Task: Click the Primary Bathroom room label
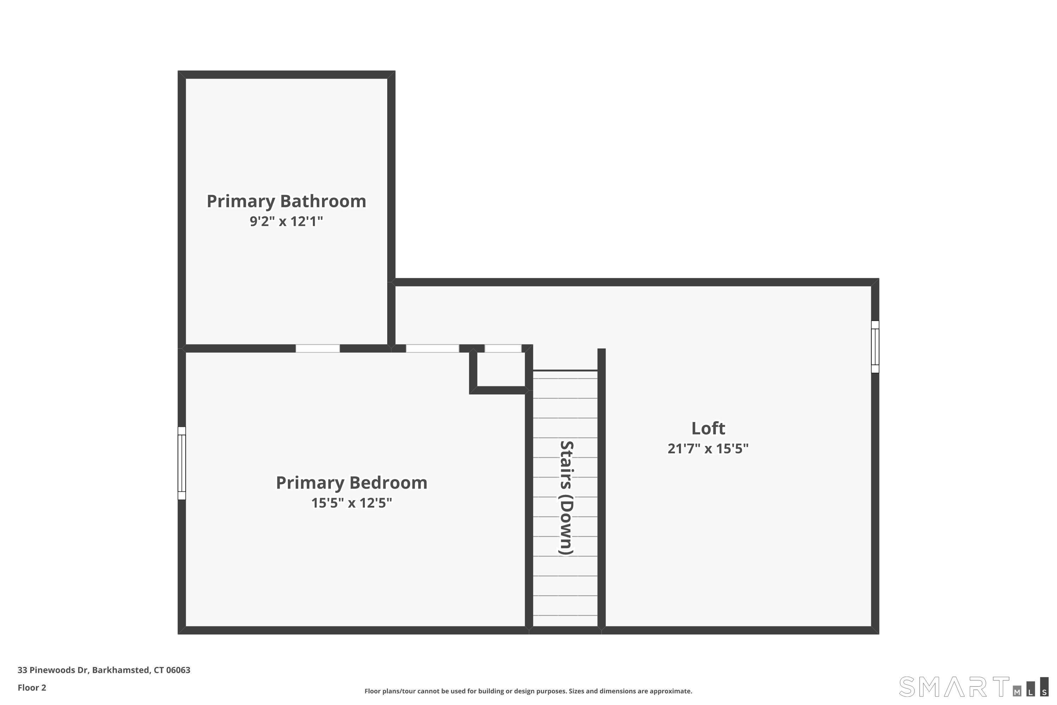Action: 286,201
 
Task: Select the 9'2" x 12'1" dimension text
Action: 286,221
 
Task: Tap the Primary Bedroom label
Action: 351,483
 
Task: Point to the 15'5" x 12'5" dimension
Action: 351,503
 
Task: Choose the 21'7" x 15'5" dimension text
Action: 708,449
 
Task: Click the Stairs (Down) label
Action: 566,497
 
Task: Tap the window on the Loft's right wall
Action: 874,347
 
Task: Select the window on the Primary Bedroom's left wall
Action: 181,463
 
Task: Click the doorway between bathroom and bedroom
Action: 317,349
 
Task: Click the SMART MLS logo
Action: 973,687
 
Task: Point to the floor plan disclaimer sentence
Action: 528,691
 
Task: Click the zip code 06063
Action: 178,670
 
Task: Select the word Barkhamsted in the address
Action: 120,670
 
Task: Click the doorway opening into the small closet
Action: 502,349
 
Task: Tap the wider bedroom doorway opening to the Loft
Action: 432,349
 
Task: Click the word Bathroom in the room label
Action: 323,201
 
